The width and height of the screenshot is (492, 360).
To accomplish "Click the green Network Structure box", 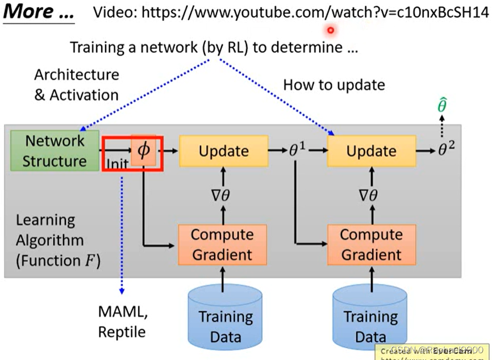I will click(55, 151).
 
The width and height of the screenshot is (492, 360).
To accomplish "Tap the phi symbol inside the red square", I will click(144, 150).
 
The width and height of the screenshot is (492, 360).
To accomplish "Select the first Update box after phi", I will click(223, 151).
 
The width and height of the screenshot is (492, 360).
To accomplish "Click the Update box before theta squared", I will click(371, 151).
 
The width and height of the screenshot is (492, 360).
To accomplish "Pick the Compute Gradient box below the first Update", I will click(222, 244).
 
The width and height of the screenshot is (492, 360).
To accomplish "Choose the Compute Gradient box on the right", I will click(371, 244).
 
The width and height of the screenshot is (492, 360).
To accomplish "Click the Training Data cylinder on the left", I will click(225, 318).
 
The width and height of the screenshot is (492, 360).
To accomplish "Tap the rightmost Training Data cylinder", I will click(370, 318).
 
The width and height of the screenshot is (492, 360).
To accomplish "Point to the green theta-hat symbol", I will click(441, 106).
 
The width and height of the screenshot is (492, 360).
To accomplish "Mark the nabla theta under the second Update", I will click(371, 196).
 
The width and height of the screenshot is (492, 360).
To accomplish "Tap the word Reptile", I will click(121, 332).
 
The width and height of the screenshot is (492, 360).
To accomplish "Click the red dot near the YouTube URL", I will click(330, 31).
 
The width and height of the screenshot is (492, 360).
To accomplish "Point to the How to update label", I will click(334, 85).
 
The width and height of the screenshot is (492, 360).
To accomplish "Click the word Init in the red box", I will click(118, 164).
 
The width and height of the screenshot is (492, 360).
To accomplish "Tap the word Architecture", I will click(77, 74).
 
